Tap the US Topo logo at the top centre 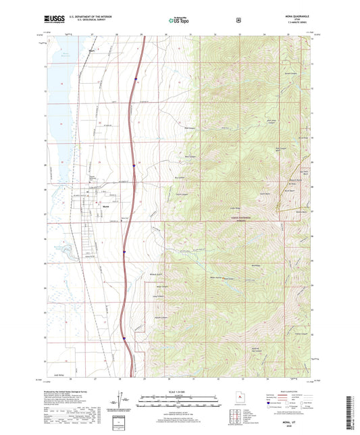(178, 22)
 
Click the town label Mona (106, 207)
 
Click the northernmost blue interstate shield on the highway (134, 80)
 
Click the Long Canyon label (159, 296)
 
